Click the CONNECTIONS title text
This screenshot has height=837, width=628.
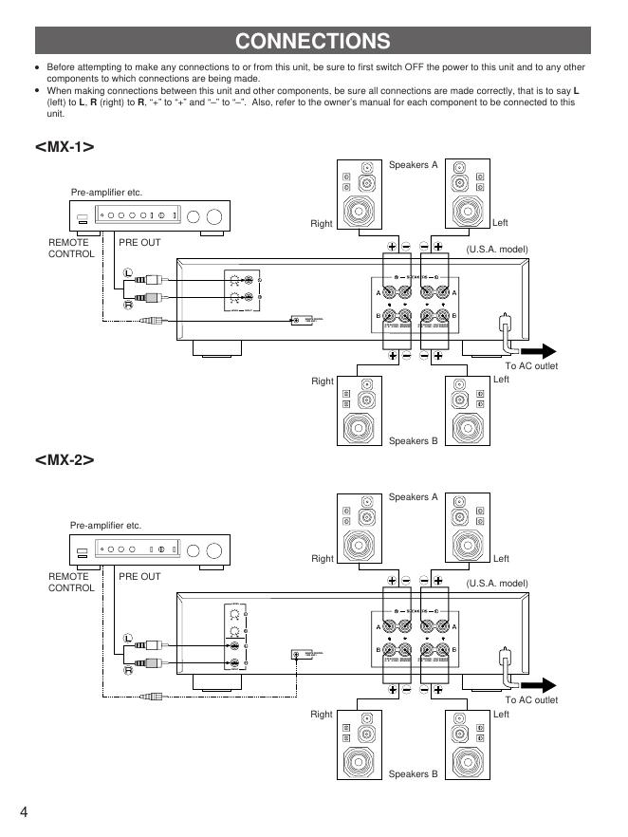pyautogui.click(x=313, y=41)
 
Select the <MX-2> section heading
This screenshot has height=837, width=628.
pyautogui.click(x=65, y=459)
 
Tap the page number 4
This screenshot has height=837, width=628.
pyautogui.click(x=23, y=811)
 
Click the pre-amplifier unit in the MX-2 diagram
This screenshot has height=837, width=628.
pyautogui.click(x=151, y=549)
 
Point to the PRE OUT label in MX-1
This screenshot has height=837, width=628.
pyautogui.click(x=139, y=243)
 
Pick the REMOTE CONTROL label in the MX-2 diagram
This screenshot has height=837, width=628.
pyautogui.click(x=71, y=582)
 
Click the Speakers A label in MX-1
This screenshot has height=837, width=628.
pyautogui.click(x=414, y=165)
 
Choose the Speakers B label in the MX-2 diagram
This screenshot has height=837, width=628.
pyautogui.click(x=414, y=774)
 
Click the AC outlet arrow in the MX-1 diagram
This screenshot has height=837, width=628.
pyautogui.click(x=536, y=348)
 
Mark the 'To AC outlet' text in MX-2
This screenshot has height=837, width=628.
pyautogui.click(x=531, y=700)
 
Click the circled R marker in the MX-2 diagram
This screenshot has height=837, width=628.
pyautogui.click(x=126, y=670)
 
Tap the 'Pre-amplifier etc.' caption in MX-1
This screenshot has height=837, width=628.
pyautogui.click(x=106, y=193)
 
